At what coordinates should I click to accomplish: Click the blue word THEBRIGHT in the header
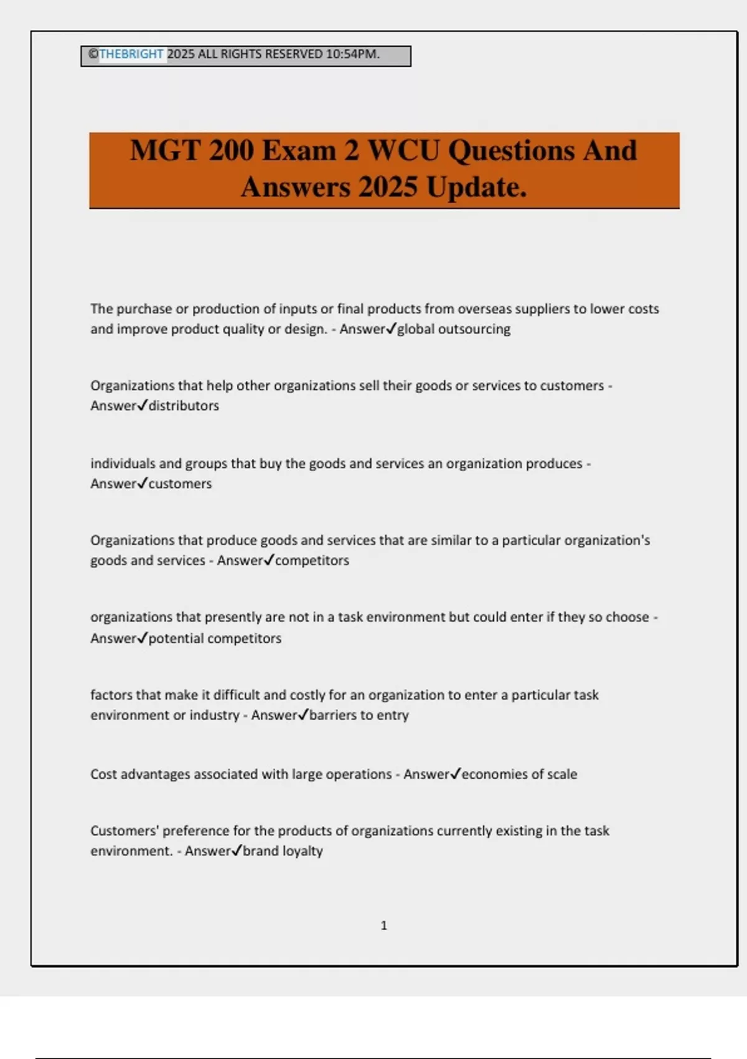coord(131,54)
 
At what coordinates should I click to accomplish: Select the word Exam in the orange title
coord(299,151)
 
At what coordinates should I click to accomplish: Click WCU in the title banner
coord(403,151)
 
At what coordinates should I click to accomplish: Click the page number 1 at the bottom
coord(383,926)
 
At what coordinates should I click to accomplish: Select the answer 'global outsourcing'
coord(454,329)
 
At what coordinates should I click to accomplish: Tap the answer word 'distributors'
coord(184,406)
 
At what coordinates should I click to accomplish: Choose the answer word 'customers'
coord(180,483)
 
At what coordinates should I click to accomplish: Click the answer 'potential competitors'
coord(215,638)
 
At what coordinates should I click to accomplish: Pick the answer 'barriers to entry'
coord(359,715)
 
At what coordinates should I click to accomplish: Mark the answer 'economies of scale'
coord(519,774)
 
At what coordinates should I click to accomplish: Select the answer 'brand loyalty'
coord(283,851)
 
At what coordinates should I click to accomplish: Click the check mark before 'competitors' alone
coord(269,560)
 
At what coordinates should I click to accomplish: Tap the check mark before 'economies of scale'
coord(455,773)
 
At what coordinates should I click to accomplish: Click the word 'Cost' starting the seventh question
coord(103,774)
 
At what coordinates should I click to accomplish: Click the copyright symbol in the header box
coord(93,54)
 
